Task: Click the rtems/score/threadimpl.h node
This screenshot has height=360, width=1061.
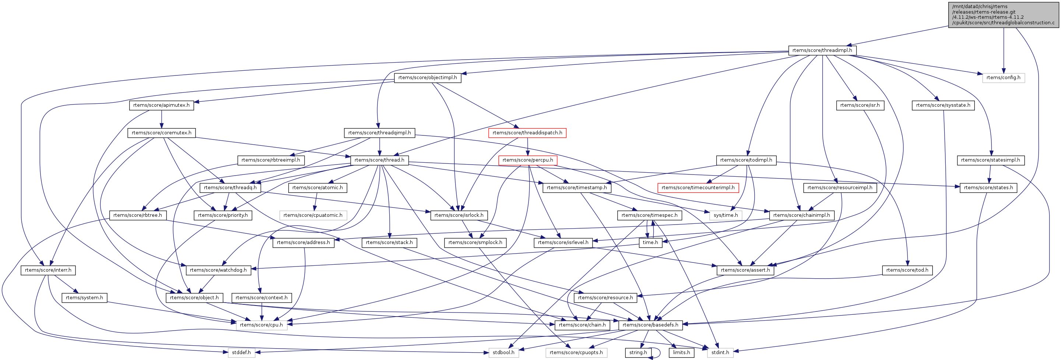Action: coord(822,50)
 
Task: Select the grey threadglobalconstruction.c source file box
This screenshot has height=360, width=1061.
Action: coord(1003,15)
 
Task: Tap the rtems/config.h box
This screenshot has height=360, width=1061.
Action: coord(1003,77)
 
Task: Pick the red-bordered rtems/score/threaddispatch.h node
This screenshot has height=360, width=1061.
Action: coord(527,133)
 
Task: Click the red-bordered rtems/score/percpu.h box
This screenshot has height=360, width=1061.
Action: coord(528,160)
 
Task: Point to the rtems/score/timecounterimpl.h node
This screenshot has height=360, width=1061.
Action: coord(698,187)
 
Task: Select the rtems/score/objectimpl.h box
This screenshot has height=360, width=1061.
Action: coord(428,77)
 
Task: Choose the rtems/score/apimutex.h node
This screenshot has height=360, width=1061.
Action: coord(161,105)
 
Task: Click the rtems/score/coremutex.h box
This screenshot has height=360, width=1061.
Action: coord(161,133)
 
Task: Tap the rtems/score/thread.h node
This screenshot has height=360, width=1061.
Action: coord(379,160)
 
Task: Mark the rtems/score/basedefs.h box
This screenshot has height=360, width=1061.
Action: coord(650,325)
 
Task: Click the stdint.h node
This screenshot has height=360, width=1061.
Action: coord(720,352)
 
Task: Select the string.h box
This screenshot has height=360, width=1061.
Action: coord(638,352)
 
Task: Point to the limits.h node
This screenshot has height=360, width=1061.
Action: coord(682,352)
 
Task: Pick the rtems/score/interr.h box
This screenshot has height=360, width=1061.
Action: coord(48,270)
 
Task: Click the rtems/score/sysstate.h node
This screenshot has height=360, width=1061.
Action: coord(943,105)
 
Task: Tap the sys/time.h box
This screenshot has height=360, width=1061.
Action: coord(726,215)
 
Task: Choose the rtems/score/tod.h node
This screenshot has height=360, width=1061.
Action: coord(907,270)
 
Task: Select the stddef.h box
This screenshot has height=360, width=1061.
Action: coord(241,352)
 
